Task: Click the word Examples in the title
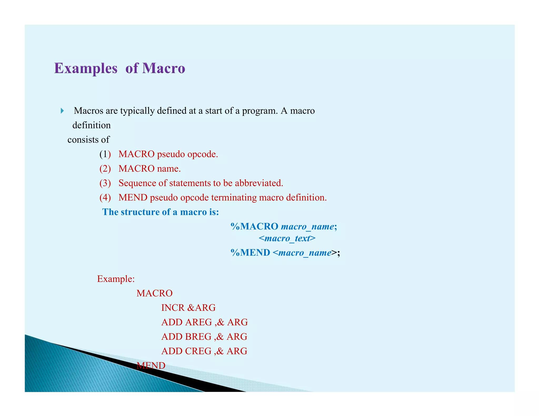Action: click(86, 68)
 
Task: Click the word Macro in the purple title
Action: click(163, 68)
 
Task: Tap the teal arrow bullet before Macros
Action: click(62, 111)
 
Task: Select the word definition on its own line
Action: click(91, 125)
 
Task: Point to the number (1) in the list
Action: click(105, 154)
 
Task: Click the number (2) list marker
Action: click(105, 169)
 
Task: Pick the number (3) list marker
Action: click(105, 183)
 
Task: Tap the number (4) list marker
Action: click(105, 197)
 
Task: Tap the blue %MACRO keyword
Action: click(254, 226)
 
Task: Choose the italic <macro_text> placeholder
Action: click(287, 238)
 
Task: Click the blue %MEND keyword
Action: click(250, 253)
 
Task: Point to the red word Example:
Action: click(116, 279)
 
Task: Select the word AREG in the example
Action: click(198, 322)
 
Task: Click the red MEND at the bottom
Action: click(151, 366)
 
